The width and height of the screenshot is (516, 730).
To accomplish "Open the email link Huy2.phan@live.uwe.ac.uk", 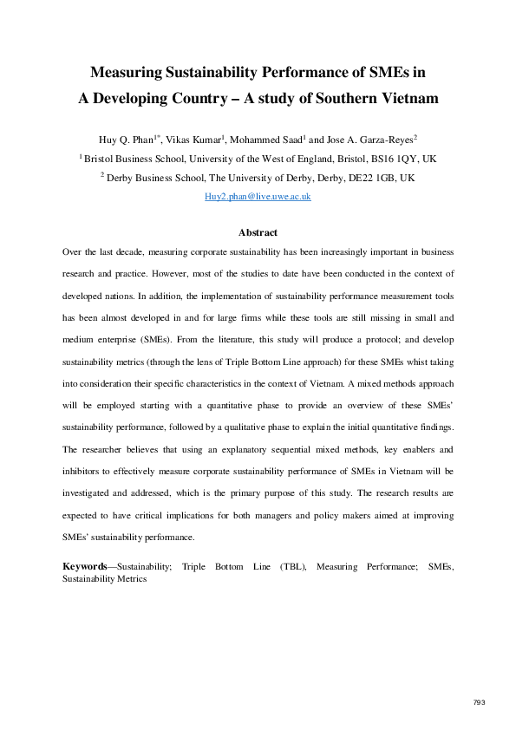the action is click(x=258, y=198).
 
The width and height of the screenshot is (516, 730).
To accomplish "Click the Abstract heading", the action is click(x=258, y=233).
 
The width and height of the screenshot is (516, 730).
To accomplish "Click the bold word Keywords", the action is click(x=85, y=566).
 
